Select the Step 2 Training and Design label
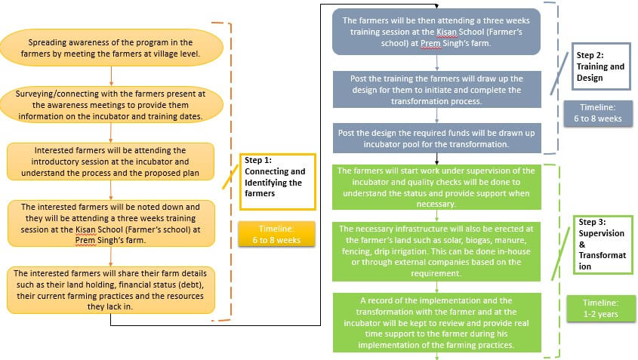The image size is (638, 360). point(599,66)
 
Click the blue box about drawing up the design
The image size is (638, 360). point(436,90)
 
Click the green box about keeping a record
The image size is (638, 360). point(436,322)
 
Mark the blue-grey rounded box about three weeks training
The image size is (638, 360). point(436,32)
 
